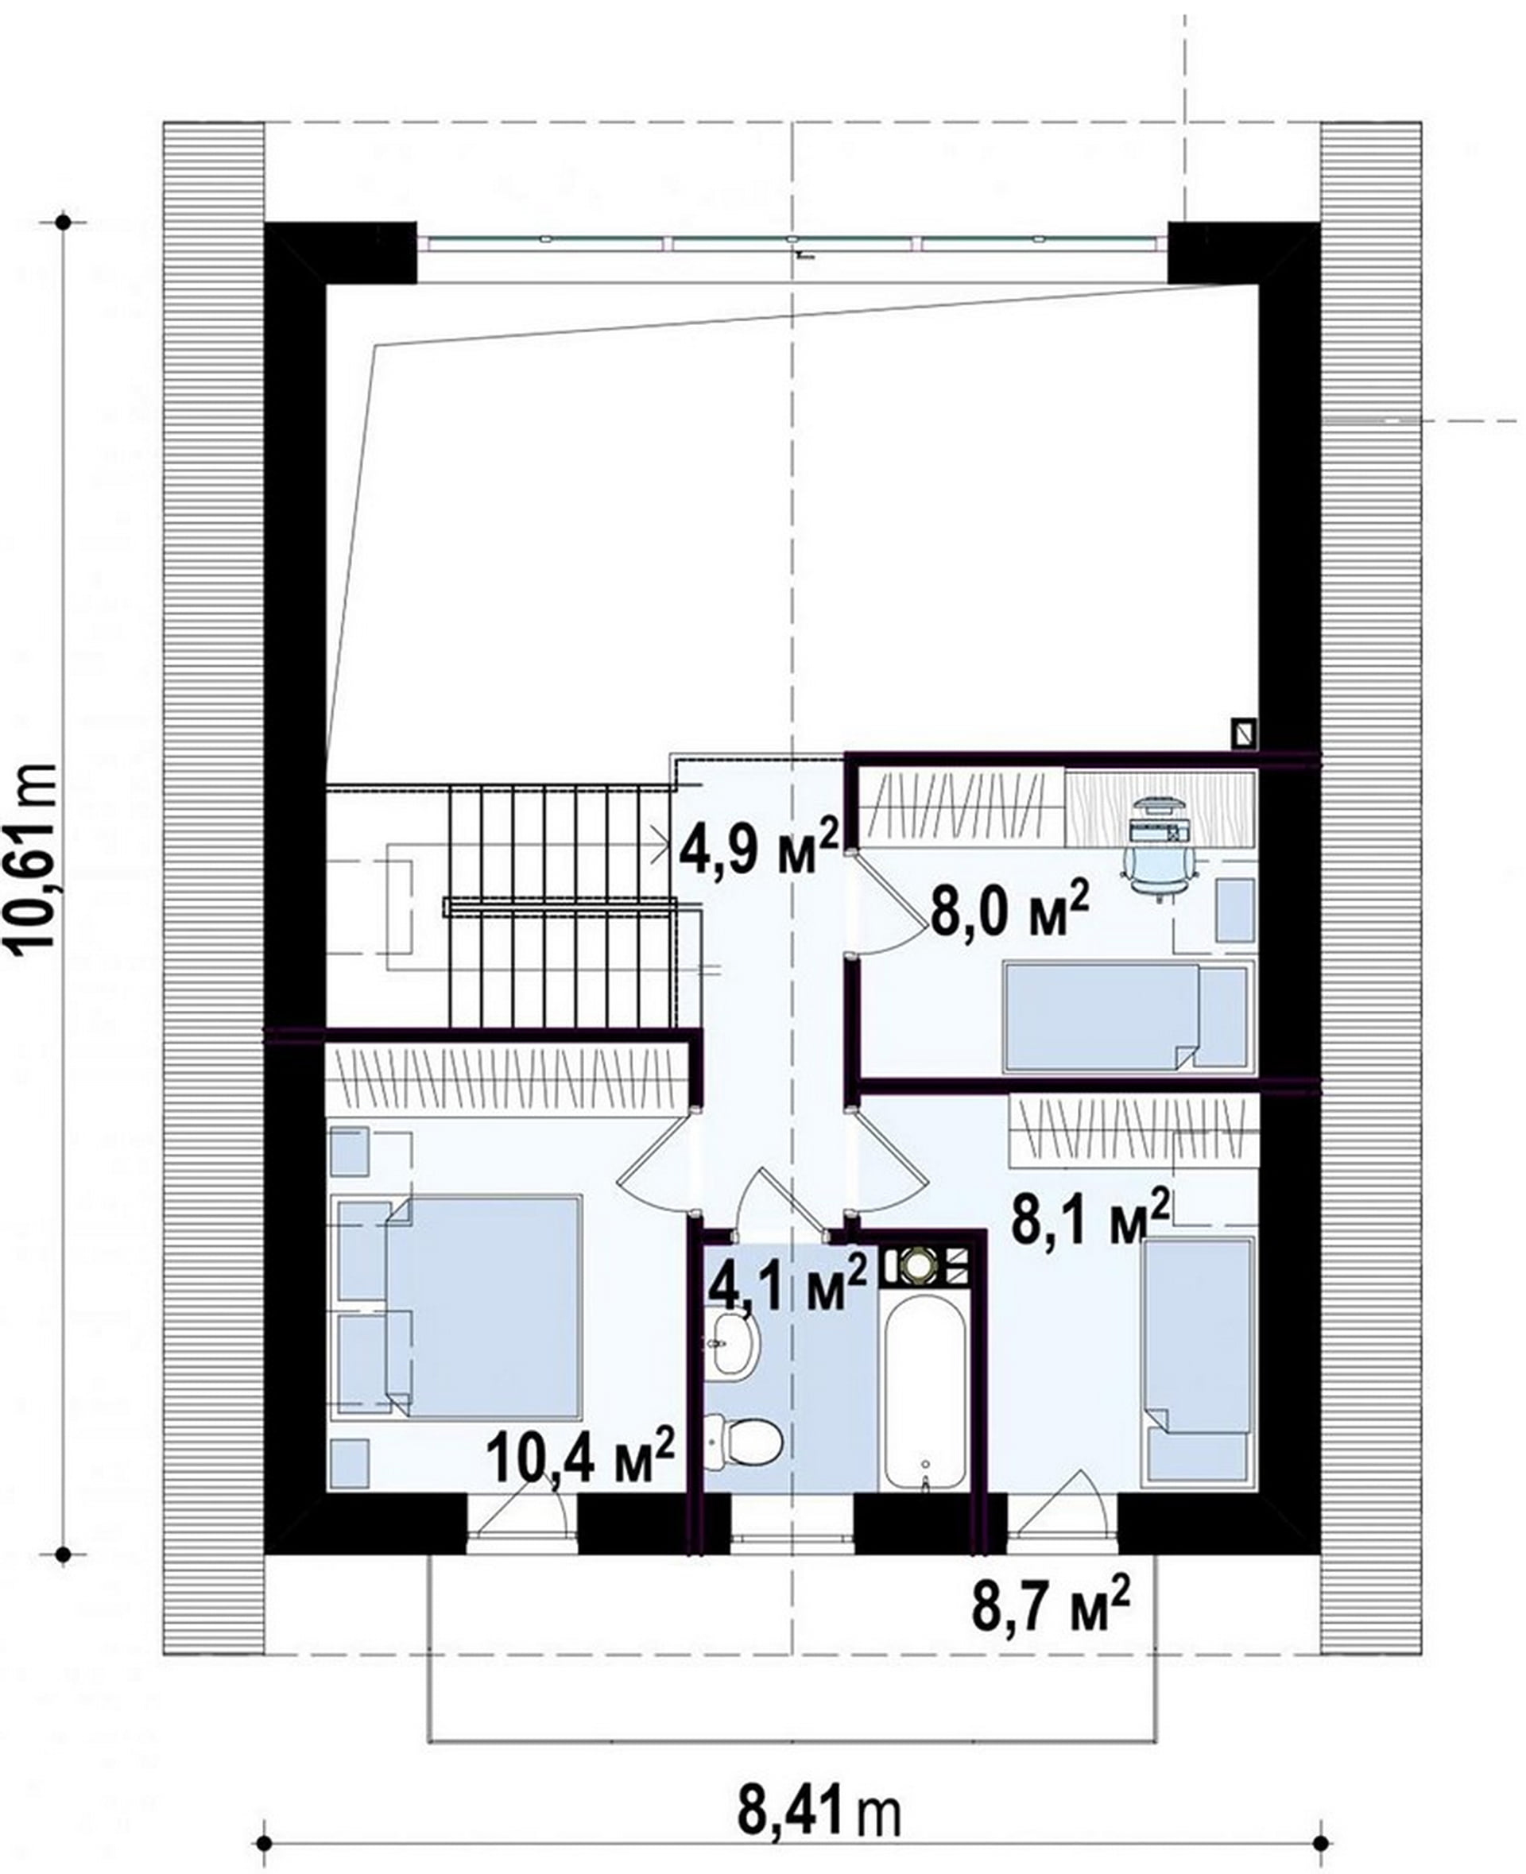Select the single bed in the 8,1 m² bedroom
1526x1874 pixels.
tap(1196, 1361)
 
